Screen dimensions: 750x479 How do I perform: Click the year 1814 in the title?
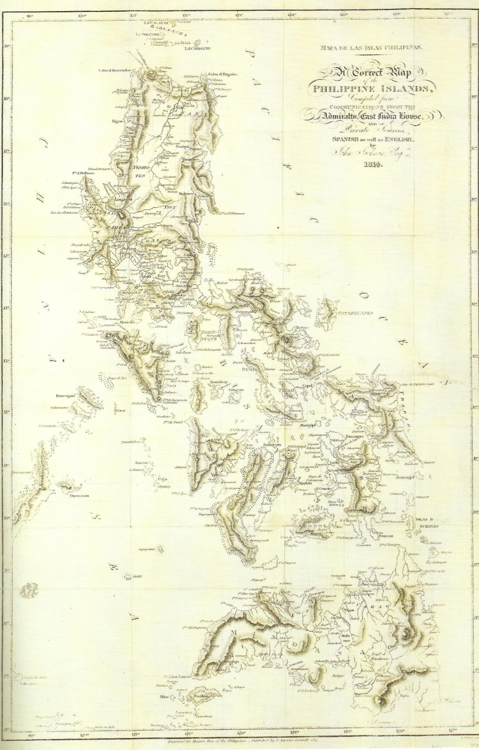click(x=374, y=165)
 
